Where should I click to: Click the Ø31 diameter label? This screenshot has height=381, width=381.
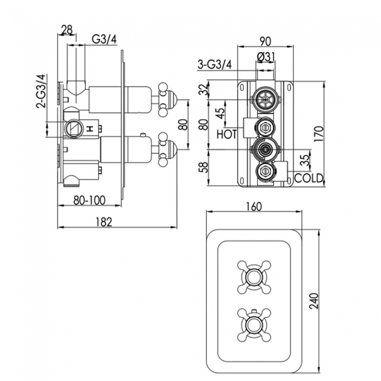point(265,56)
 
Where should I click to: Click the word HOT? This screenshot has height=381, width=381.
point(227,134)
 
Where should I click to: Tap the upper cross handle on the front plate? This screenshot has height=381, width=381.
point(253,275)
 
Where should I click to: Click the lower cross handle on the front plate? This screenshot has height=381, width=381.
point(253,321)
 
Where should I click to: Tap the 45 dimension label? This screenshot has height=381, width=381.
point(220,113)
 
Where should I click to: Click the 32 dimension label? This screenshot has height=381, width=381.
point(203,90)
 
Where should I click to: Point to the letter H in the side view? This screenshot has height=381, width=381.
point(90,127)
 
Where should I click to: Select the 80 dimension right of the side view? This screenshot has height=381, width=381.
point(182,124)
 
